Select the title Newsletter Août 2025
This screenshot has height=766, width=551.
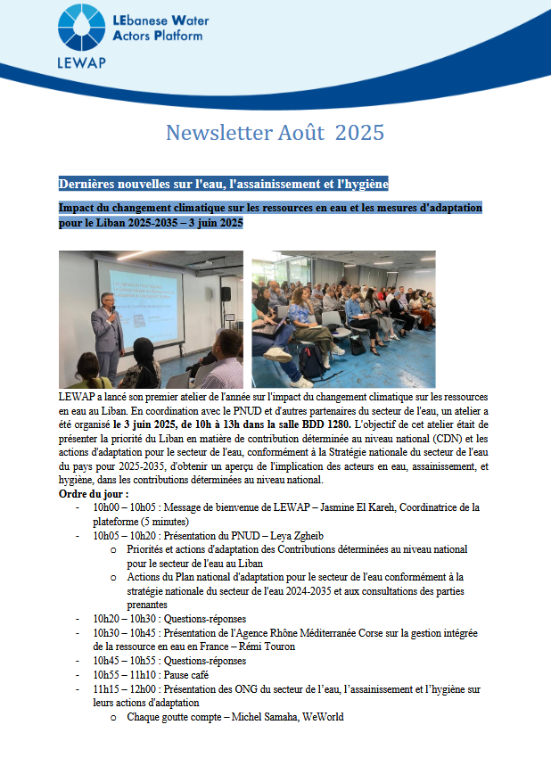[x=275, y=133]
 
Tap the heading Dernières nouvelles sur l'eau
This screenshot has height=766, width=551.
[x=223, y=184]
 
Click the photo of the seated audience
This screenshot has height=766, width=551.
[x=343, y=318]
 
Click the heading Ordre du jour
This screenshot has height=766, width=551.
[x=94, y=494]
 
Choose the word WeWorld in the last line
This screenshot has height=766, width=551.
[x=320, y=717]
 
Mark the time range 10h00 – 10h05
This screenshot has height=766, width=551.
[x=123, y=507]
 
